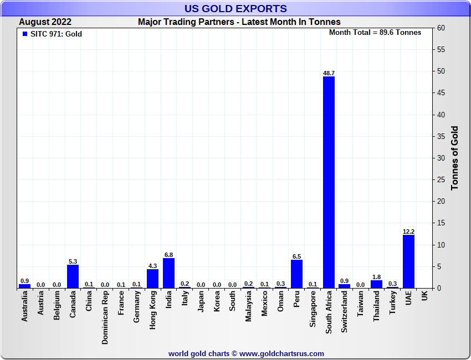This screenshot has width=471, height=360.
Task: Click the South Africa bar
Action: pos(329,182)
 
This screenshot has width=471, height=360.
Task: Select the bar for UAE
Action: pos(408,261)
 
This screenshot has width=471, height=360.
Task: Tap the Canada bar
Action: pos(73,276)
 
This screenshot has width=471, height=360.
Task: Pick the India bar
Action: pos(169,273)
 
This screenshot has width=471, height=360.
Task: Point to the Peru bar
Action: pos(296,274)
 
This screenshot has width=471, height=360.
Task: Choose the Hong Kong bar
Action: pos(153,279)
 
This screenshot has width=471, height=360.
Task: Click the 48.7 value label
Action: pos(329,73)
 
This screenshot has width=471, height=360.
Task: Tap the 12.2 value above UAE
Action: pos(408,232)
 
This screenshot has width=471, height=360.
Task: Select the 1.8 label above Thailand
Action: pos(376,277)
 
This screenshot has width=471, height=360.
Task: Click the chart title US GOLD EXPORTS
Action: pos(235,8)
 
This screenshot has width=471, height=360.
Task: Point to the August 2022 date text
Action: pos(45,22)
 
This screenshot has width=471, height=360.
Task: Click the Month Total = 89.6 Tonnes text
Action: pos(375,33)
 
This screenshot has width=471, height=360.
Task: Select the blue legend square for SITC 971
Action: pos(25,34)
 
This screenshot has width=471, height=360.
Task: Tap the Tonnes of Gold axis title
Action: pos(455,158)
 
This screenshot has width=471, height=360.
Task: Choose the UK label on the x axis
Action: pos(424,296)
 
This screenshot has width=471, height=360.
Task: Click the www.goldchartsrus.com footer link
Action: pos(281,353)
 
